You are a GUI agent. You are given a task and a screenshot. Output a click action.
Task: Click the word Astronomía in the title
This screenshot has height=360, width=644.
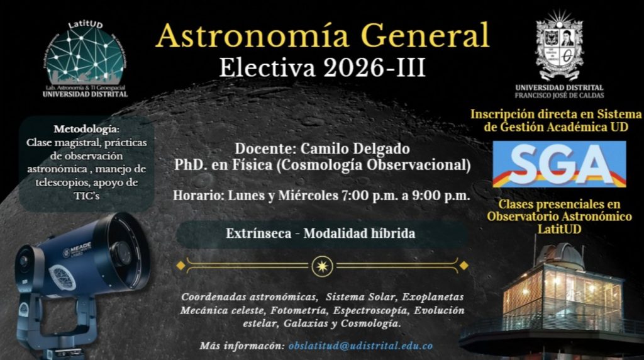[x=253, y=35]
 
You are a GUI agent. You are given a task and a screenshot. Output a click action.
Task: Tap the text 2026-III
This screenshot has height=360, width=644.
[x=374, y=67]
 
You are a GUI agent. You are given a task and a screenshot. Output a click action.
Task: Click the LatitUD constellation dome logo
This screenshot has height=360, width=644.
[x=85, y=53]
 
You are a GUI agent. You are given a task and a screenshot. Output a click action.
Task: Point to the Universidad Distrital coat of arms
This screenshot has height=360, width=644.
[x=559, y=45]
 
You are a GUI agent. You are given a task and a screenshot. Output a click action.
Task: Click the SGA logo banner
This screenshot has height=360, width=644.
[x=559, y=164]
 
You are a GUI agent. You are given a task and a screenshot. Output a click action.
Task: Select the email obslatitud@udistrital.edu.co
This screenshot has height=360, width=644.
[x=360, y=346]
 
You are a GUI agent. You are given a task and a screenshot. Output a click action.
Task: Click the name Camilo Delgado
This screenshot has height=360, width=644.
[x=355, y=149]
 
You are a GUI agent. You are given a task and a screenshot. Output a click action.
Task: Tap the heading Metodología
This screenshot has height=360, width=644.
[x=86, y=129]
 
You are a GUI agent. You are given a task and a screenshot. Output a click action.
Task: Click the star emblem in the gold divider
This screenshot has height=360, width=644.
[x=323, y=266]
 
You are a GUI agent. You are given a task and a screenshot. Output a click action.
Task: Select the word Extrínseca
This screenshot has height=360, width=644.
[x=258, y=233]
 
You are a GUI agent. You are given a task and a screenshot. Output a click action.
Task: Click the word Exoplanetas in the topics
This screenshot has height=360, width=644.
[x=433, y=296]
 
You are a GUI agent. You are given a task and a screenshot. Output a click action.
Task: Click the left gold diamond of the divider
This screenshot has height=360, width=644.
[x=180, y=266]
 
